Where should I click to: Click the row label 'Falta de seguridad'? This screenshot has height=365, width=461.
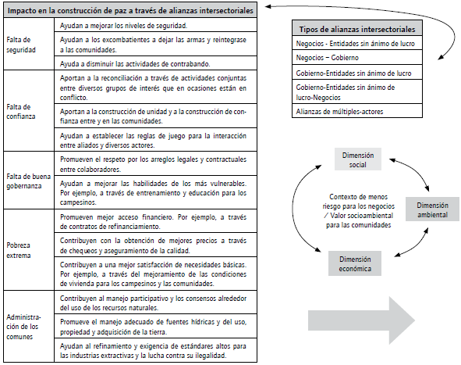click(21, 44)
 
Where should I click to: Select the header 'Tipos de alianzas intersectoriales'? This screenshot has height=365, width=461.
click(358, 28)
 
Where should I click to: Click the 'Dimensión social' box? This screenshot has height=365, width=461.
click(358, 160)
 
